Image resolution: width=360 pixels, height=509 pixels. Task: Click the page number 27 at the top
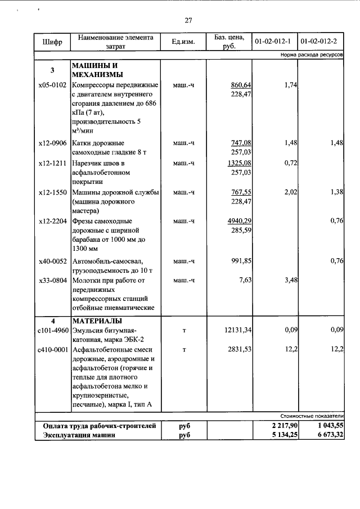point(188,21)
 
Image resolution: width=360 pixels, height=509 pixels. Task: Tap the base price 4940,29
point(238,220)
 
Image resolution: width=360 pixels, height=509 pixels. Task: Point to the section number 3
point(52,71)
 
